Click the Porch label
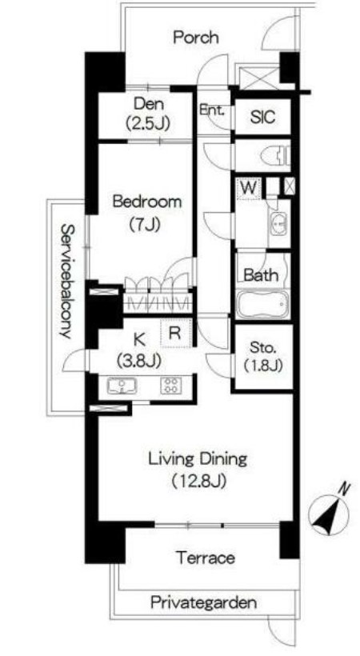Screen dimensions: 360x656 195,38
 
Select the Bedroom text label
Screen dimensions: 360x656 148,202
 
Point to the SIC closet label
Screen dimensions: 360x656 263,117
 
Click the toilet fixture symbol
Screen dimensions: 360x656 276,157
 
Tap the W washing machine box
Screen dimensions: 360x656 249,188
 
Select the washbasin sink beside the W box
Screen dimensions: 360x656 278,223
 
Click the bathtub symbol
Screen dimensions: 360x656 263,304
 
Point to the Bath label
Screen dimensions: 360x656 261,275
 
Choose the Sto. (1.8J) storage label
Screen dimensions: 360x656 263,356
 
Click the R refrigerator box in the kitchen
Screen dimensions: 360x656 176,333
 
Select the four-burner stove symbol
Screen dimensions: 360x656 170,385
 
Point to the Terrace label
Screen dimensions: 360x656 205,558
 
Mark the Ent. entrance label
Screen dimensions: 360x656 211,111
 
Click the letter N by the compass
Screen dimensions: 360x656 345,489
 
